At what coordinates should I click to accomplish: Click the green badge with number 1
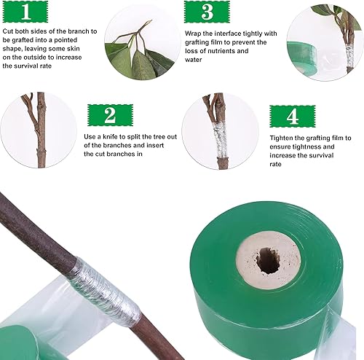pos(25,12)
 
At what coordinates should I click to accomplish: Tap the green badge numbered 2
pos(110,115)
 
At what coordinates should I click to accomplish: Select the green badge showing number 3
pos(207,12)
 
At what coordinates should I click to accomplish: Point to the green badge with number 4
pos(293,117)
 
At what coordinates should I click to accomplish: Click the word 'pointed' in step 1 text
pos(66,40)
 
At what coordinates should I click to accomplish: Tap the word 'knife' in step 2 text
pos(111,137)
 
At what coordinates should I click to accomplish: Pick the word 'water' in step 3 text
pos(194,60)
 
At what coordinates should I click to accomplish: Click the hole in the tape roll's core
pos(268,261)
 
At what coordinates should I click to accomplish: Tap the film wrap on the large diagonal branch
pos(104,291)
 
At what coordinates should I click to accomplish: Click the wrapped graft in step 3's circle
pos(349,57)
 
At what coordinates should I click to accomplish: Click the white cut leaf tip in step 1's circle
pos(134,52)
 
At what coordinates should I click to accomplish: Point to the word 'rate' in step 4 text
pos(275,165)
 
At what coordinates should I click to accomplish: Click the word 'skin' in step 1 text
pos(73,49)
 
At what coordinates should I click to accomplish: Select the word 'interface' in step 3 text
pos(227,34)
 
